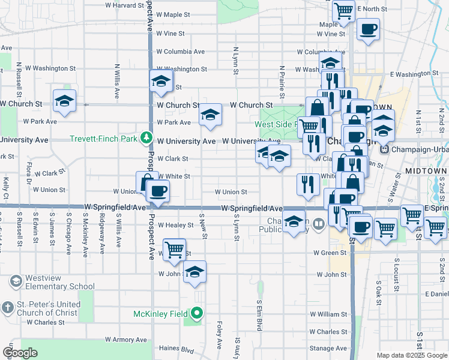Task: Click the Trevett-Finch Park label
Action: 104,138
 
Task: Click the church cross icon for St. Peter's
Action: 8,308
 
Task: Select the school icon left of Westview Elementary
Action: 16,281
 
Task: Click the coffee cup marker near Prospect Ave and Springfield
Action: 158,191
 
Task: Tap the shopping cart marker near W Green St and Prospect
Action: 174,249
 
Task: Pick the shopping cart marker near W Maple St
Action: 343,10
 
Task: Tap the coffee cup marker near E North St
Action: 368,28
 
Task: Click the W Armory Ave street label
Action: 125,340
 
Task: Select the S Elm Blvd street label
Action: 259,315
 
